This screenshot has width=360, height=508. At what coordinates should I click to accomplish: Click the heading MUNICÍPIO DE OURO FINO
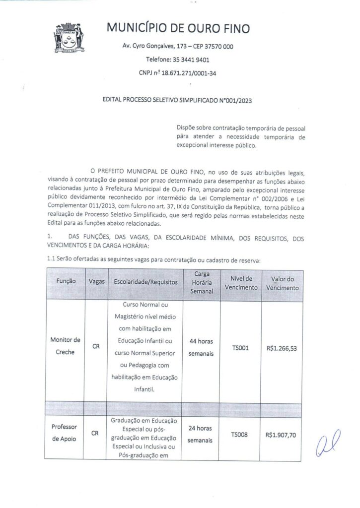click(179, 28)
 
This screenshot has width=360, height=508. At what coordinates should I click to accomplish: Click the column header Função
click(66, 282)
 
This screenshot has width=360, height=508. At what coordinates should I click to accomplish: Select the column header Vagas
click(96, 282)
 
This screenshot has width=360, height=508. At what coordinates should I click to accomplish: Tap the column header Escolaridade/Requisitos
click(145, 282)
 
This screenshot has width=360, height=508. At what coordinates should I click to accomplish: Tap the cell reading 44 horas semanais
click(201, 348)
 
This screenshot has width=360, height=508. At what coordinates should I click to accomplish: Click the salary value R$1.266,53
click(282, 348)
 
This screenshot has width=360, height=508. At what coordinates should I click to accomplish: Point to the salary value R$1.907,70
click(282, 435)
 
